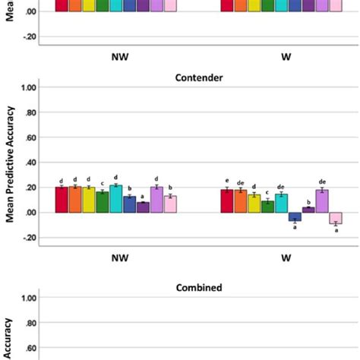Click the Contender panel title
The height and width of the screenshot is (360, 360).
pos(198,77)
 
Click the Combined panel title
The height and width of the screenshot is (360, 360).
pos(198,288)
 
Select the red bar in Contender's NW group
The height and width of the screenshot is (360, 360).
pos(62,200)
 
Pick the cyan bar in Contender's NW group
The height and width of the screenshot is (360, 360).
pos(116,199)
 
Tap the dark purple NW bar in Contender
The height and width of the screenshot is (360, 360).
pos(144,207)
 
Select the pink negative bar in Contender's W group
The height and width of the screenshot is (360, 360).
pos(336,218)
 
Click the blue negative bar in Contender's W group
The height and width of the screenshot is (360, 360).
pos(295,216)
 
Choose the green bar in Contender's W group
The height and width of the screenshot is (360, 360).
pos(267,207)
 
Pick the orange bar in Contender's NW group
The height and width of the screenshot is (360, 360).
pos(75,200)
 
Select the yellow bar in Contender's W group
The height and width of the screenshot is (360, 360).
pos(254,204)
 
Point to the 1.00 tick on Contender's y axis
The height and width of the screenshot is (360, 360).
pos(29,88)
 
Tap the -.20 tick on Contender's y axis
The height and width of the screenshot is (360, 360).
pos(29,237)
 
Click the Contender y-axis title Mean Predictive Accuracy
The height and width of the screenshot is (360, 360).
pos(11,162)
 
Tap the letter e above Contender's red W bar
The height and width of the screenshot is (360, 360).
pos(226,181)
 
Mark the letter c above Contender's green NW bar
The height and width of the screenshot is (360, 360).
pos(103,183)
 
